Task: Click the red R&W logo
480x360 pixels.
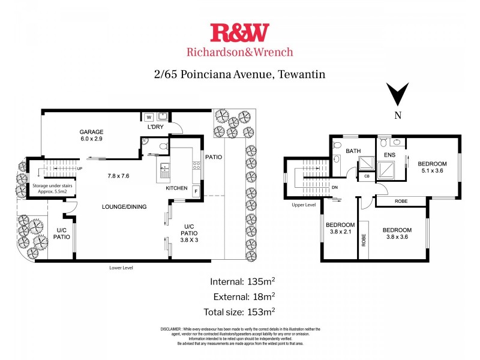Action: click(x=240, y=32)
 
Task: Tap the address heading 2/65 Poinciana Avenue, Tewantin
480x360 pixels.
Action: click(x=239, y=74)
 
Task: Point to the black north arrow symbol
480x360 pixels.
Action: click(x=397, y=95)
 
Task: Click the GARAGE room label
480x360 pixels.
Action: click(x=92, y=132)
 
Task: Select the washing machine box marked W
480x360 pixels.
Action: click(x=149, y=117)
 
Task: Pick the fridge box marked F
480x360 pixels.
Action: click(x=196, y=191)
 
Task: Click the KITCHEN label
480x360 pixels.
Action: click(x=177, y=188)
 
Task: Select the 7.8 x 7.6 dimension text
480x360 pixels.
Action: click(x=119, y=176)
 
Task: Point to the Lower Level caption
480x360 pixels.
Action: click(x=121, y=268)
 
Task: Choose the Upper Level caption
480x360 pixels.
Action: click(x=304, y=205)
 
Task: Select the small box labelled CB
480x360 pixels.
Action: click(x=367, y=176)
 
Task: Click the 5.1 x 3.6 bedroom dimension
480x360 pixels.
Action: click(x=432, y=171)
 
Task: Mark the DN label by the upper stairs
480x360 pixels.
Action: click(x=335, y=187)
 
